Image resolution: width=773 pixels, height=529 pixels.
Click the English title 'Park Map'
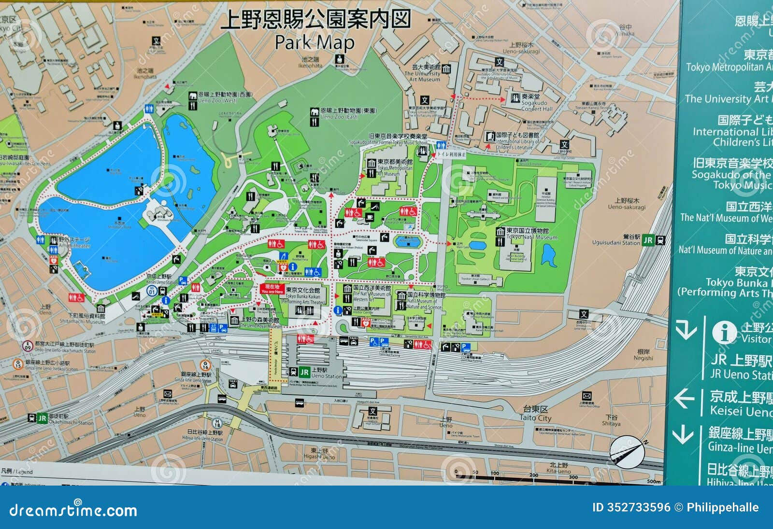[315, 42]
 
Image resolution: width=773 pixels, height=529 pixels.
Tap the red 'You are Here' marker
[272, 289]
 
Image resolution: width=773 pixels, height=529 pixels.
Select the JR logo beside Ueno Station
[304, 372]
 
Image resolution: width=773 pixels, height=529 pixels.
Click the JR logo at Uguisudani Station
[648, 240]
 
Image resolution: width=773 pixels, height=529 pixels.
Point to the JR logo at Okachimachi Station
[42, 418]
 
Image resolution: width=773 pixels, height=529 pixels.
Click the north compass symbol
[627, 451]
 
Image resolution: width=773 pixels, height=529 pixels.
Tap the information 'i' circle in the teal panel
[724, 333]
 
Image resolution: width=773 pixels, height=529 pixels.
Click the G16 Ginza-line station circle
[205, 365]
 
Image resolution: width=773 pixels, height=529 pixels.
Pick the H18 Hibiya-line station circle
[217, 423]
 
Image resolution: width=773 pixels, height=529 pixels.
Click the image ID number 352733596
[631, 507]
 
